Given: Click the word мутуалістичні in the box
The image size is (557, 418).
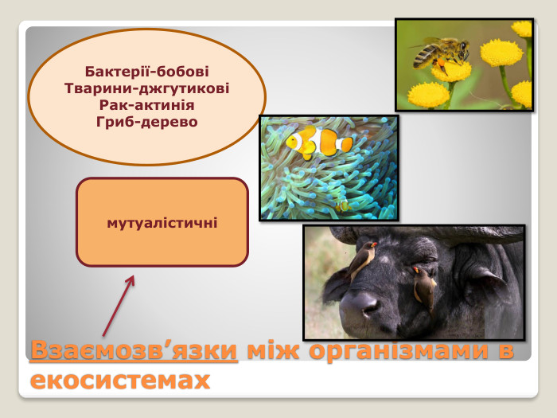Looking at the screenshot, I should pyautogui.click(x=162, y=221).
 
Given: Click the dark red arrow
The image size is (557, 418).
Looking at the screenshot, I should pyautogui.click(x=119, y=307).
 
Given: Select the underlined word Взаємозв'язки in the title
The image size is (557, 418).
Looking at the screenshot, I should pyautogui.click(x=134, y=351).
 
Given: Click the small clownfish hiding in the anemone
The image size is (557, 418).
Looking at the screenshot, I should pyautogui.click(x=342, y=205).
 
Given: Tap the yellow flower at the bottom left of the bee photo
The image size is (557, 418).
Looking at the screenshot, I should pyautogui.click(x=428, y=95).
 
